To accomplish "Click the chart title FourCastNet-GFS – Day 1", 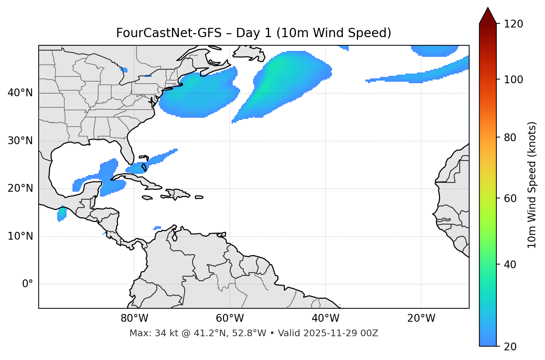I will [254, 33].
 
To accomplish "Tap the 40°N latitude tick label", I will [20, 93].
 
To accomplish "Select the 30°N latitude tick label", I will [20, 141].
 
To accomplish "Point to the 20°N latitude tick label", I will [20, 188].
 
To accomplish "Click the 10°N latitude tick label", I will [20, 236].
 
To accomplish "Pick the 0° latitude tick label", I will [28, 284].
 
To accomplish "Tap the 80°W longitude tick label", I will [134, 318].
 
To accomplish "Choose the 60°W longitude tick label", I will [230, 318].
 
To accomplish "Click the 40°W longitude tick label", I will [325, 318].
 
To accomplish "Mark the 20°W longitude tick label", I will [421, 318].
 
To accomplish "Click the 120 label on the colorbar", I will [513, 24].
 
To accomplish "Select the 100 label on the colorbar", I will [513, 80].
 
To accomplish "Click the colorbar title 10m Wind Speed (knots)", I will [532, 185].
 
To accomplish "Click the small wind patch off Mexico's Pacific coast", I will [62, 214].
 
